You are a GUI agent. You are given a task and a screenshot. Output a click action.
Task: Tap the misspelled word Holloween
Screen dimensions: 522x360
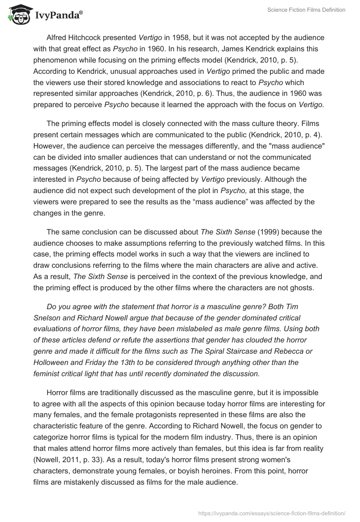[x=53, y=362]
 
